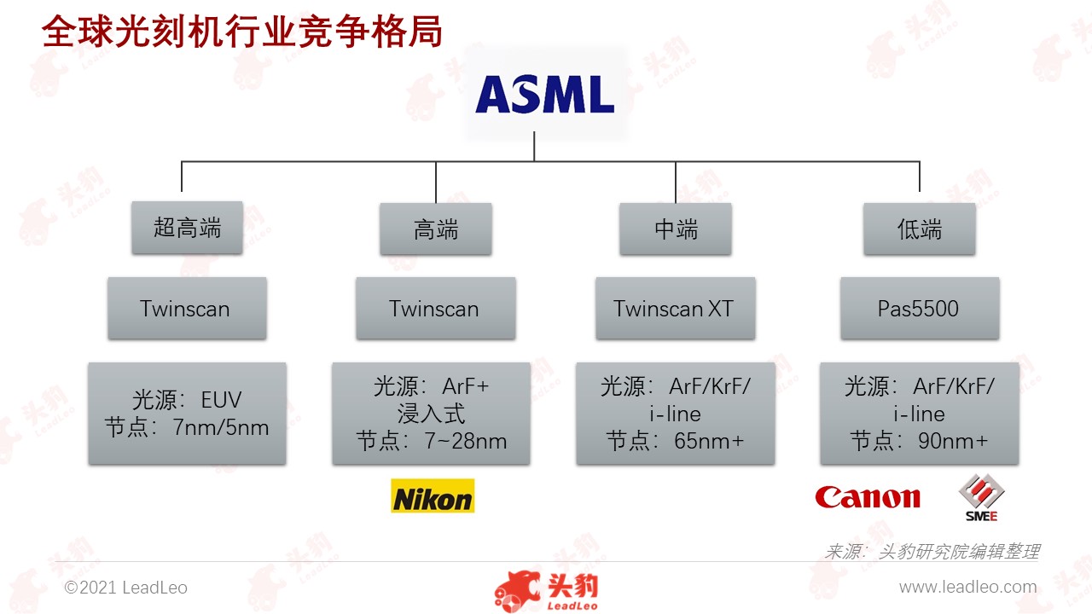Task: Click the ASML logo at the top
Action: (544, 94)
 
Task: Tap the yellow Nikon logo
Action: (433, 495)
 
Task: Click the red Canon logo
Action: (868, 497)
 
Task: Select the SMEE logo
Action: (981, 497)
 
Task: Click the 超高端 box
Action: (187, 228)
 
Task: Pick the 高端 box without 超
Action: (436, 229)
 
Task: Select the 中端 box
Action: (676, 229)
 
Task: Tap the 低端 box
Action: (920, 229)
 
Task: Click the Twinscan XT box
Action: (676, 308)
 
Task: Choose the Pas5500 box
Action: (920, 308)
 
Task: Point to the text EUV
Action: (221, 400)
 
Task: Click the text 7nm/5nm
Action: (220, 427)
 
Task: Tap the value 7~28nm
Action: (466, 441)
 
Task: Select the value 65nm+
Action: (709, 441)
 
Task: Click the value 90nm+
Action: (953, 441)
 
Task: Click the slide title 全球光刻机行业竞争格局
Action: (242, 32)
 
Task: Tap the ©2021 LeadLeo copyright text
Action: (125, 588)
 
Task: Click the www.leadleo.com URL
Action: (968, 587)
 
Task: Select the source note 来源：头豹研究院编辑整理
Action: (932, 552)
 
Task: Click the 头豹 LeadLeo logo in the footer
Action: (546, 591)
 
